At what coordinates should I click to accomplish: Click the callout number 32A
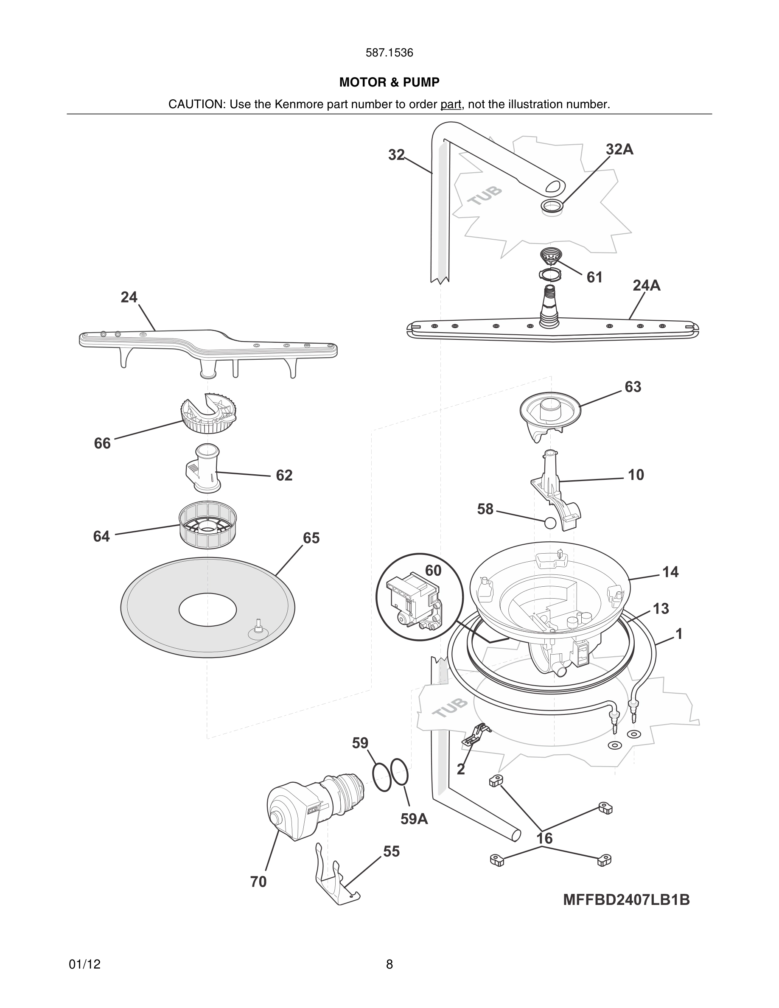point(619,149)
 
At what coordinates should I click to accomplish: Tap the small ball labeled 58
point(550,523)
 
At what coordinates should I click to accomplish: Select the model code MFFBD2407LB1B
point(626,899)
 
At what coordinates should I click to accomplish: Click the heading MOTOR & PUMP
point(389,82)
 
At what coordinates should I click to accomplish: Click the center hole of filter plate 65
point(207,610)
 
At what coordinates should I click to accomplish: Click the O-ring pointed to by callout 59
point(382,777)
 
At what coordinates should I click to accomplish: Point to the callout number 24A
point(646,286)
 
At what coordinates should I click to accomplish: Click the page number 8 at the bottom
point(389,964)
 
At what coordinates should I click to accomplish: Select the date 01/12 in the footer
point(84,964)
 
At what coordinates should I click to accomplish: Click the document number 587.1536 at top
point(389,53)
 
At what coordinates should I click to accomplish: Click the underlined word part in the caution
point(451,104)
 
